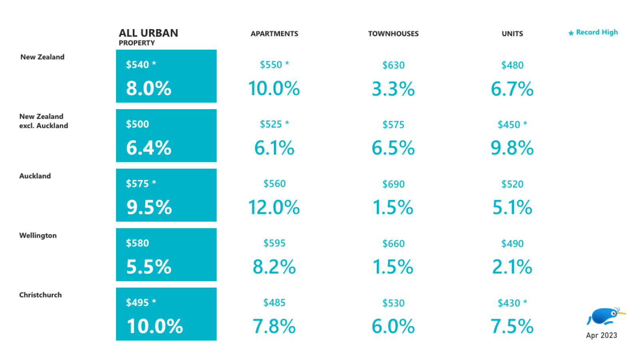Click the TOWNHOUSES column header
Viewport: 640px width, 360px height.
[393, 34]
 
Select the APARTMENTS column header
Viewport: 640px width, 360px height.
[274, 34]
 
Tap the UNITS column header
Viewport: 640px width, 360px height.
[512, 34]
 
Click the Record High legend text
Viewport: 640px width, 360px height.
[596, 32]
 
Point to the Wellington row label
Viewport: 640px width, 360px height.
[38, 235]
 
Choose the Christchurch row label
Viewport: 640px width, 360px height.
[40, 295]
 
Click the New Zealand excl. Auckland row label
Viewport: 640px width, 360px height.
[43, 121]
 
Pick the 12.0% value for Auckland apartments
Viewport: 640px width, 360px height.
[274, 207]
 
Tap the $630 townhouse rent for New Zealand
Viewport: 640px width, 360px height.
[393, 65]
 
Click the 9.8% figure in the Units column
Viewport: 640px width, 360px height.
[512, 148]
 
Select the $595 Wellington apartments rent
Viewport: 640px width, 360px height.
[274, 243]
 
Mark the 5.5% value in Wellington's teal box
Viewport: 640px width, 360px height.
[149, 267]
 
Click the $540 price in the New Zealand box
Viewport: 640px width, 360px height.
[137, 64]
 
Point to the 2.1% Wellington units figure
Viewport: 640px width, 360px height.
[512, 267]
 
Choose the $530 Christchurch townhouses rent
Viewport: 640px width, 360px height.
[393, 303]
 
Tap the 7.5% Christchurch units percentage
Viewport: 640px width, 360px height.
[512, 326]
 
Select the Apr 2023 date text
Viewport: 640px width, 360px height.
[601, 335]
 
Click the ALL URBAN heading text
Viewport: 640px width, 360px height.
[148, 33]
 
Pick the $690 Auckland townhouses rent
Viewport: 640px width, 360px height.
[393, 184]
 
